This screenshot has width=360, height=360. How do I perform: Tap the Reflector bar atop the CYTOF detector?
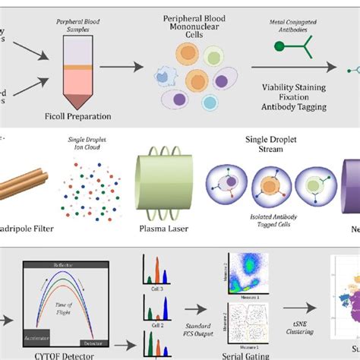tap(63, 266)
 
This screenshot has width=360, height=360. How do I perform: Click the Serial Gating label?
tap(237, 354)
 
